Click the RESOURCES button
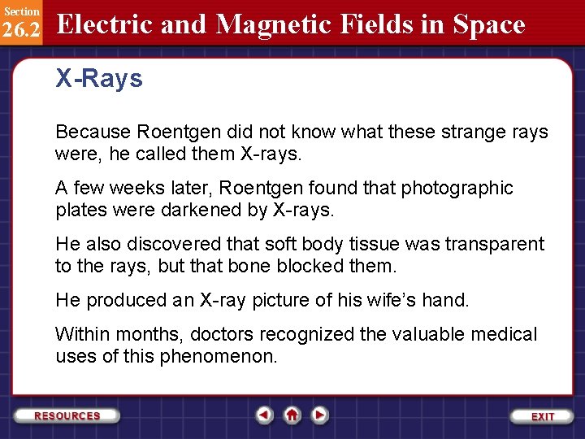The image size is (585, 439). [67, 415]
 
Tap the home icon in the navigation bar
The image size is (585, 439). [292, 415]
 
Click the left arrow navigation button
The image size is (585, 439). [264, 415]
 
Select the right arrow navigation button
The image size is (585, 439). [320, 415]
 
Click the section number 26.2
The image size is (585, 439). [21, 29]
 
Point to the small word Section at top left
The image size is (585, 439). [20, 11]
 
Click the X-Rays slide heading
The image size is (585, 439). [98, 80]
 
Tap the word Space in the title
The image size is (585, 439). [488, 24]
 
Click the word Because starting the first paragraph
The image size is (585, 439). [92, 132]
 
